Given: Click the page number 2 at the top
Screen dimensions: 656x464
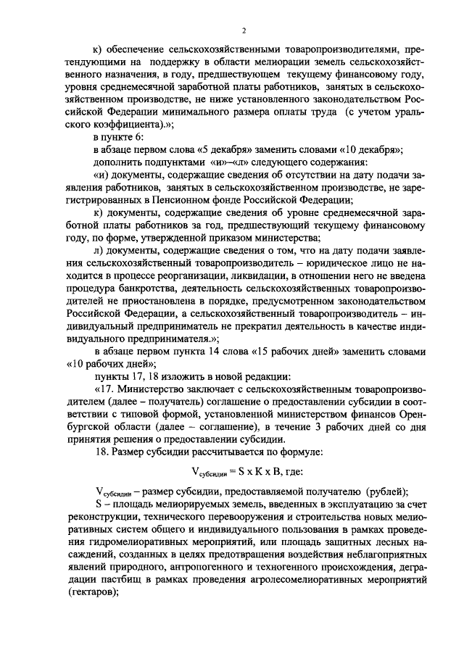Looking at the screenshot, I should (x=244, y=30).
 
